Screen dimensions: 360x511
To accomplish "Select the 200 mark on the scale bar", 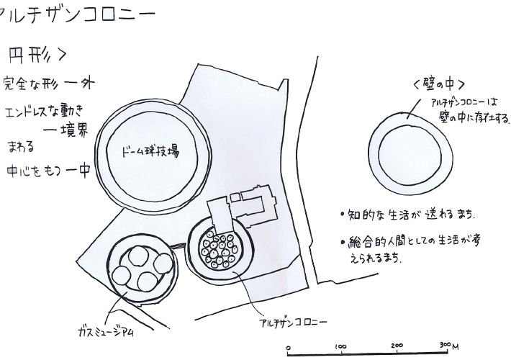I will pos(397,346).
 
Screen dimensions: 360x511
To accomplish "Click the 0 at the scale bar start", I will pos(289,346).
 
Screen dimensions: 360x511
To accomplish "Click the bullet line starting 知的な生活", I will pos(406,215).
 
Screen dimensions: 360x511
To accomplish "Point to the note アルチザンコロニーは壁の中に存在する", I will pos(468,109).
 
